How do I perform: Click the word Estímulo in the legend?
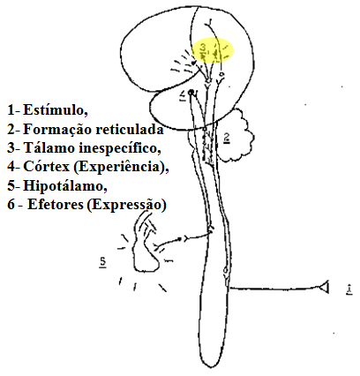point(56,110)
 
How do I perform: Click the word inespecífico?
point(120,148)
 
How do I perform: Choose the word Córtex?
point(46,167)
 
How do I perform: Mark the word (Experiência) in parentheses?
point(121,168)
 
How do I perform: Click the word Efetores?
point(56,205)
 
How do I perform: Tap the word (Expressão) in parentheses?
point(127,205)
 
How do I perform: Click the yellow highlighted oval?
point(213,50)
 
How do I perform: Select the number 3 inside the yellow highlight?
point(203,47)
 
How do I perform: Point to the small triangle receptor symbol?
point(324,288)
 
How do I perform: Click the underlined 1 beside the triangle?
point(349,290)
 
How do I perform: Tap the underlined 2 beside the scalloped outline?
point(227,139)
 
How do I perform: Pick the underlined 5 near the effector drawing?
point(102,262)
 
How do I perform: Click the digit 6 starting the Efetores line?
point(11,205)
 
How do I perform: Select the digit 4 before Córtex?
point(11,167)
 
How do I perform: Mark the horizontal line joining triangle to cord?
point(274,289)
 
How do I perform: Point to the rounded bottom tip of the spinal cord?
point(211,367)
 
